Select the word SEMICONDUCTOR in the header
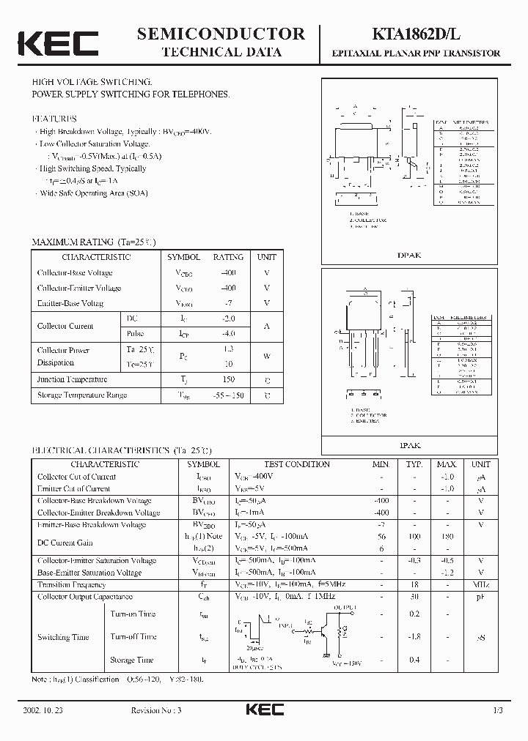coord(221,33)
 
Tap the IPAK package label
coord(409,444)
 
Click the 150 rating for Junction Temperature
coord(229,379)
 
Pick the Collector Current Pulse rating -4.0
coord(229,333)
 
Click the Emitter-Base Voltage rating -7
coord(229,302)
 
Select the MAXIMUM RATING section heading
coord(93,242)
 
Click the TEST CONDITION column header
coord(296,464)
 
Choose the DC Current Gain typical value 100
coord(414,537)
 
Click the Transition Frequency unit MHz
coord(481,584)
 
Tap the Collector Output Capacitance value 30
coord(414,597)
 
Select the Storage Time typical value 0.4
coord(414,660)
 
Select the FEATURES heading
coord(54,118)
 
